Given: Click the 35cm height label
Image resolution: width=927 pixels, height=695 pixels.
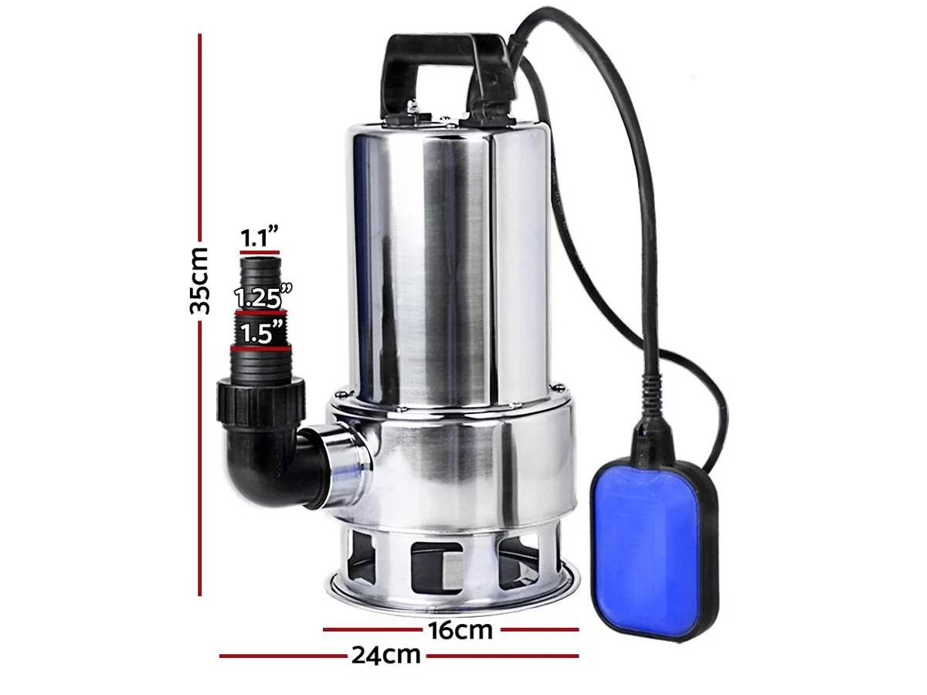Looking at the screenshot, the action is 199,280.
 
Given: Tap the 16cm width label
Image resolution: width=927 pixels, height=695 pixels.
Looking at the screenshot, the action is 460,631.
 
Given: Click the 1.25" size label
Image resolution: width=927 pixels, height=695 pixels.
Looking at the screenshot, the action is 263,297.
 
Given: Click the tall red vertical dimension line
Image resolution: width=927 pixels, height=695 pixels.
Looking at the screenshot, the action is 200,315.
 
